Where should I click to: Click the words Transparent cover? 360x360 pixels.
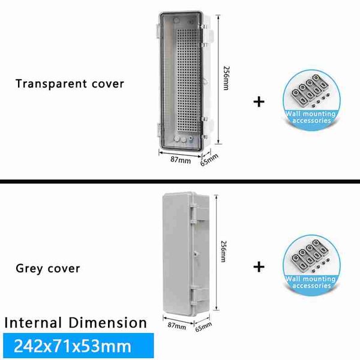(70, 84)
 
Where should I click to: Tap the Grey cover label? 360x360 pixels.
(48, 268)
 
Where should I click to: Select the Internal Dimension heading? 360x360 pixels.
(76, 323)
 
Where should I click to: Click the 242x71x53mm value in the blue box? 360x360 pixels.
(73, 346)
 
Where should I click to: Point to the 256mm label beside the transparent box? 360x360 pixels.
(226, 78)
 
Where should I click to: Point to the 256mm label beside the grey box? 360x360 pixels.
(223, 251)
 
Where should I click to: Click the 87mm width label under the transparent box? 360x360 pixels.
(181, 160)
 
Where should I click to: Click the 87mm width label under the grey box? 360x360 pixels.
(177, 326)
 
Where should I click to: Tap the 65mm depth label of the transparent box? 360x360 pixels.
(209, 160)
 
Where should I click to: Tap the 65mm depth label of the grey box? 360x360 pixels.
(203, 327)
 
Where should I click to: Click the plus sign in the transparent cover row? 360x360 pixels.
(259, 102)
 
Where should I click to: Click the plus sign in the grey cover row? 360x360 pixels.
(259, 267)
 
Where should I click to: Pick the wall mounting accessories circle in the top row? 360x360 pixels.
(311, 100)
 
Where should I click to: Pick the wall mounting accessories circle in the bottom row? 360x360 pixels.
(311, 266)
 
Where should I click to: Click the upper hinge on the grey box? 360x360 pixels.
(199, 212)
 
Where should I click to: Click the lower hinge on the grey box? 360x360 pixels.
(199, 296)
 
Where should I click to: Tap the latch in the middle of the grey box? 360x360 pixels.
(196, 254)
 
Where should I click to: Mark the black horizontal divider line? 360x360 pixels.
(180, 182)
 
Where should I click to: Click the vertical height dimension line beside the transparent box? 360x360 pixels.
(218, 79)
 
